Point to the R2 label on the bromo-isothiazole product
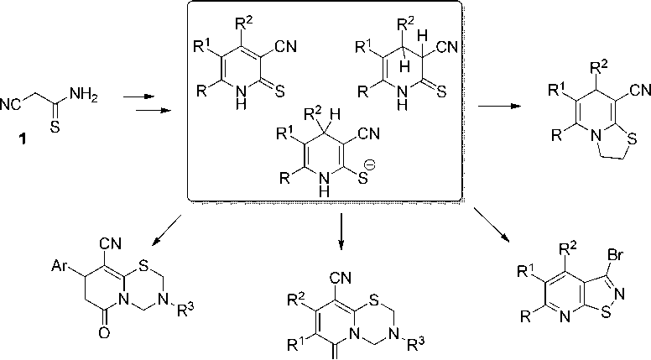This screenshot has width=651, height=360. click(x=564, y=247)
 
